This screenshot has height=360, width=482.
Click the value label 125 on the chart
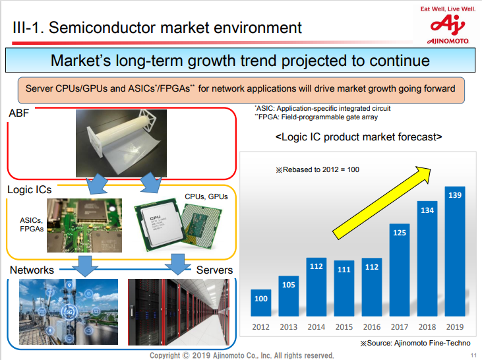point(400,232)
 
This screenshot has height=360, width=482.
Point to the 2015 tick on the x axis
point(344,327)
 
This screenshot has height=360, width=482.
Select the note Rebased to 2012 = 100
point(317,169)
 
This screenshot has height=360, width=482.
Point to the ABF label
point(19,113)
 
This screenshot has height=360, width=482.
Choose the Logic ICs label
point(30,190)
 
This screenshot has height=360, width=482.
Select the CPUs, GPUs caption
point(207,196)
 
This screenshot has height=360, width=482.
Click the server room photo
point(181,313)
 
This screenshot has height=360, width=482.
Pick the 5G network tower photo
point(69,313)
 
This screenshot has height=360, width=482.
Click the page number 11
point(473,356)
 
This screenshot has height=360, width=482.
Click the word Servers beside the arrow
point(214,270)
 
